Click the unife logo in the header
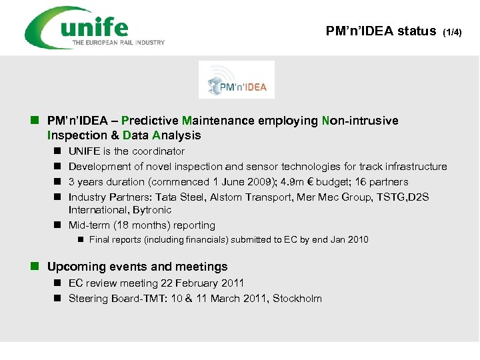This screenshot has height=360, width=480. [93, 27]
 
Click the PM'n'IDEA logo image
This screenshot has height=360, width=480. [237, 80]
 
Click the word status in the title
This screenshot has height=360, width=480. [417, 31]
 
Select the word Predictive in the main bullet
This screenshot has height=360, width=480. [151, 121]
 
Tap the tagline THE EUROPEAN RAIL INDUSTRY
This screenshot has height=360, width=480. [119, 43]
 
